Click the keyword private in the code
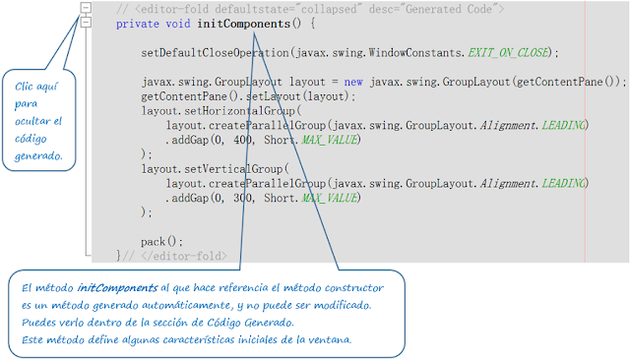tap(138, 23)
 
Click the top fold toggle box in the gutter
tap(87, 7)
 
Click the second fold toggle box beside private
tap(87, 23)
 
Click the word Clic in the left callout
tap(28, 85)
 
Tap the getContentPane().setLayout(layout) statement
tap(247, 96)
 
